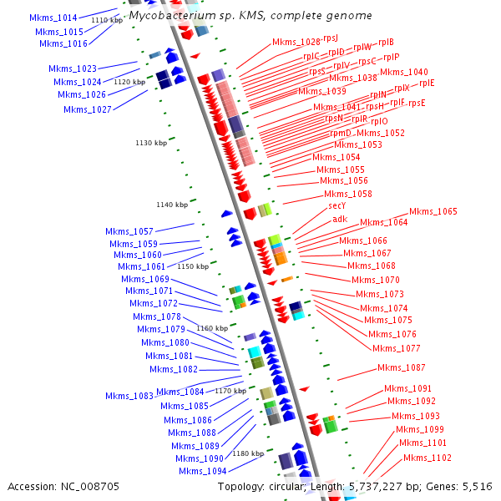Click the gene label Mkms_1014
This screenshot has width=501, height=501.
coord(53,18)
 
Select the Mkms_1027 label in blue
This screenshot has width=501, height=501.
coord(87,109)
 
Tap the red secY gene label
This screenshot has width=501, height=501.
coord(337,205)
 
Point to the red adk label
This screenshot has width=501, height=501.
coord(340,219)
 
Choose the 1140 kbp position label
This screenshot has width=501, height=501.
coord(171,205)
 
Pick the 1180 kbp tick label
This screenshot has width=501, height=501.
coord(248,453)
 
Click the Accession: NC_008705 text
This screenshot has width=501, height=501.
coord(63,486)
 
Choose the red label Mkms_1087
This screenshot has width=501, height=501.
coord(402,367)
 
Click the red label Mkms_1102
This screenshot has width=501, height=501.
coord(428,458)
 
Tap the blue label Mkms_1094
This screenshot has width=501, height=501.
coord(203,471)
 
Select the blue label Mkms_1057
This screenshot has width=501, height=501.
coord(129,231)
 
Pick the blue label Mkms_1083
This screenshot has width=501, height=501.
coord(129,396)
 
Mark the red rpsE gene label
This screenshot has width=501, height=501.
coord(417,104)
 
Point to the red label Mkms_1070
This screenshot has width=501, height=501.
coord(376,280)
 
